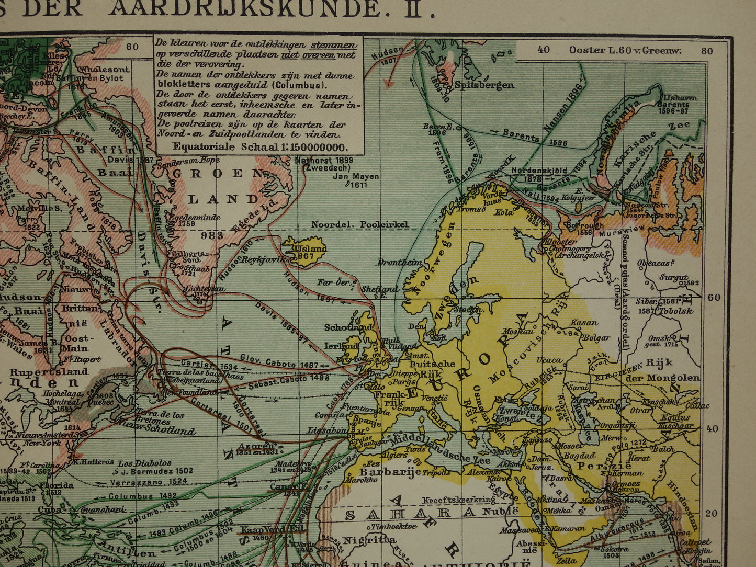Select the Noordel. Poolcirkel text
tap(359, 224)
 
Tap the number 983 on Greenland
tap(212, 235)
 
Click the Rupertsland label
tap(49, 371)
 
